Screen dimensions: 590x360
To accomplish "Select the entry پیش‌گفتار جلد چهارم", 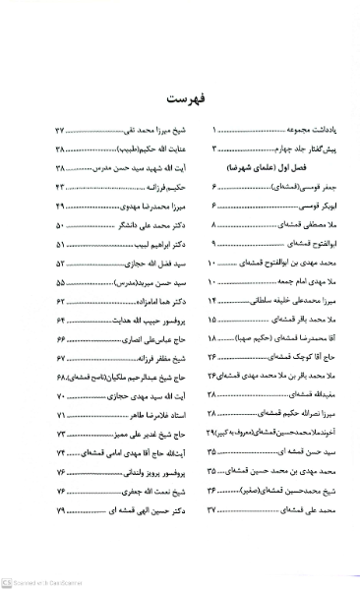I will pyautogui.click(x=277, y=148).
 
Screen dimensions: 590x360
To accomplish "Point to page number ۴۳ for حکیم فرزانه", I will pyautogui.click(x=60, y=186).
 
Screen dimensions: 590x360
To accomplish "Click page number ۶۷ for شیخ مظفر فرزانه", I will pyautogui.click(x=60, y=359).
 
